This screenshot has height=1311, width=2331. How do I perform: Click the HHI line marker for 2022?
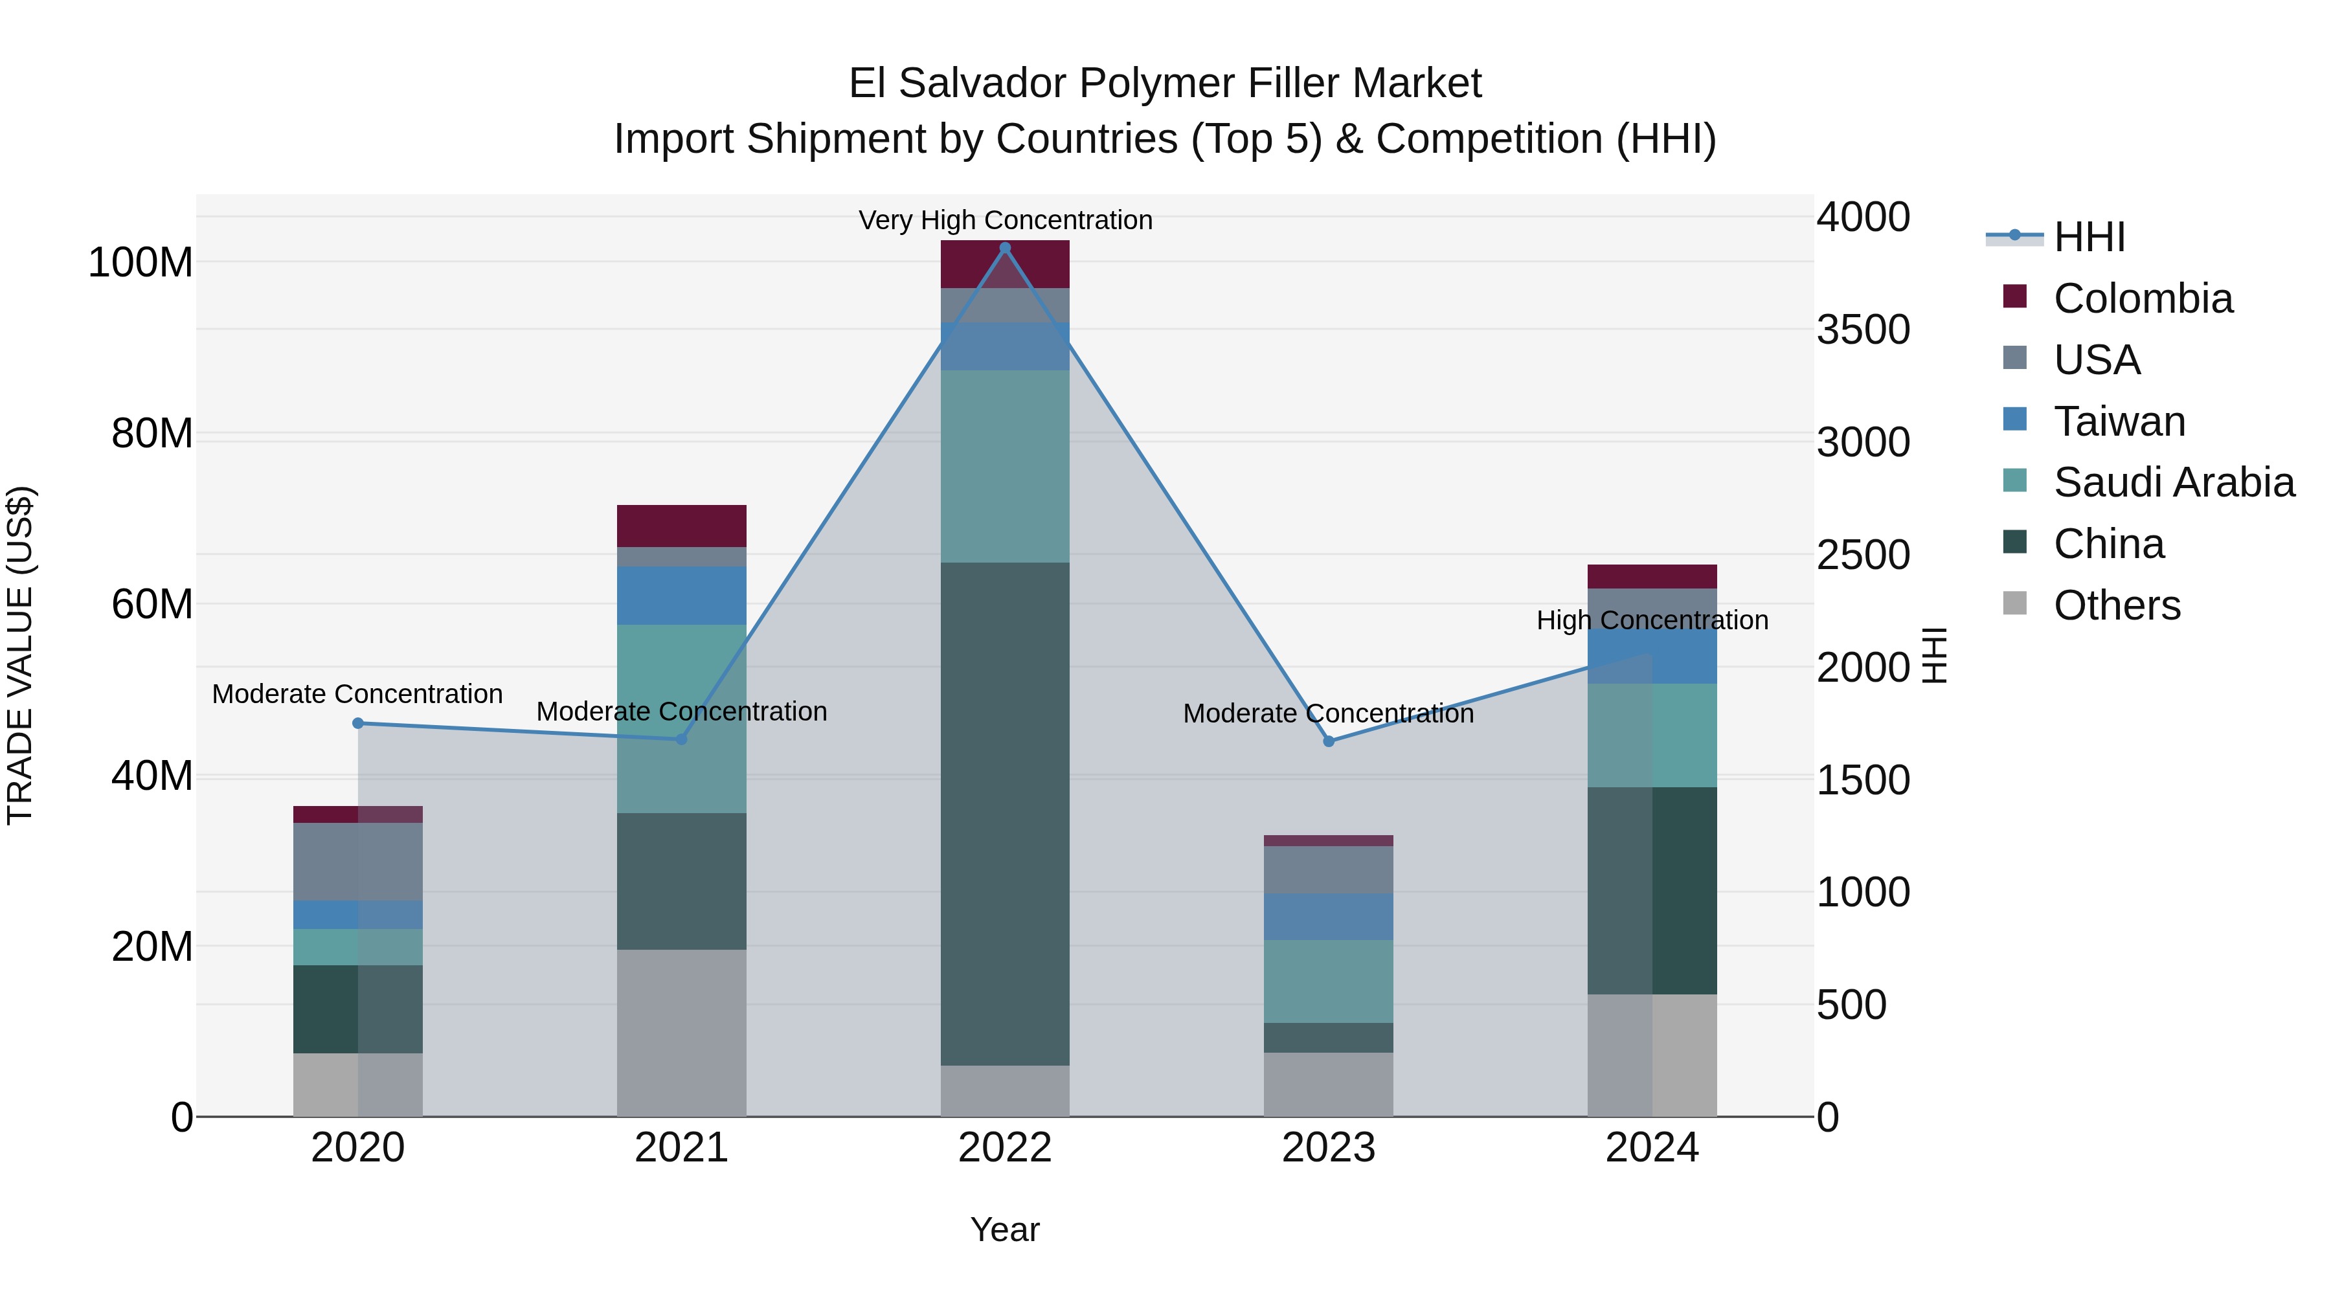click(x=1004, y=248)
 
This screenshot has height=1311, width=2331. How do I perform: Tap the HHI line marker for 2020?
click(x=357, y=723)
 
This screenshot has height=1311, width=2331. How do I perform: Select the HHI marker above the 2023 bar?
click(x=1329, y=741)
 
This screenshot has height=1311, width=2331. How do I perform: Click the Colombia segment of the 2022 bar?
click(x=1004, y=264)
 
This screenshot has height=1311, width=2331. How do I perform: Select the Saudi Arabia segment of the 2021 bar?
click(x=681, y=719)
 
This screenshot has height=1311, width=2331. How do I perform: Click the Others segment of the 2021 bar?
click(x=681, y=1033)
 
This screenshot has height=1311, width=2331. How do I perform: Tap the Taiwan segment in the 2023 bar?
click(x=1329, y=917)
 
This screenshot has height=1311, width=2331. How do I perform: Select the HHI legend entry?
click(x=2088, y=237)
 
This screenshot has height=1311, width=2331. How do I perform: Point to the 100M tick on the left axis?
click(x=141, y=262)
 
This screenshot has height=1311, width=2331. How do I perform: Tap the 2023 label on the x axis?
click(x=1329, y=1148)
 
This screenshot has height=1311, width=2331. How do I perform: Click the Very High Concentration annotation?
click(x=1004, y=220)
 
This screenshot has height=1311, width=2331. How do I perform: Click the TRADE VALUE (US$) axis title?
click(x=21, y=655)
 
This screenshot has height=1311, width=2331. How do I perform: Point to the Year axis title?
click(x=1004, y=1229)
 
